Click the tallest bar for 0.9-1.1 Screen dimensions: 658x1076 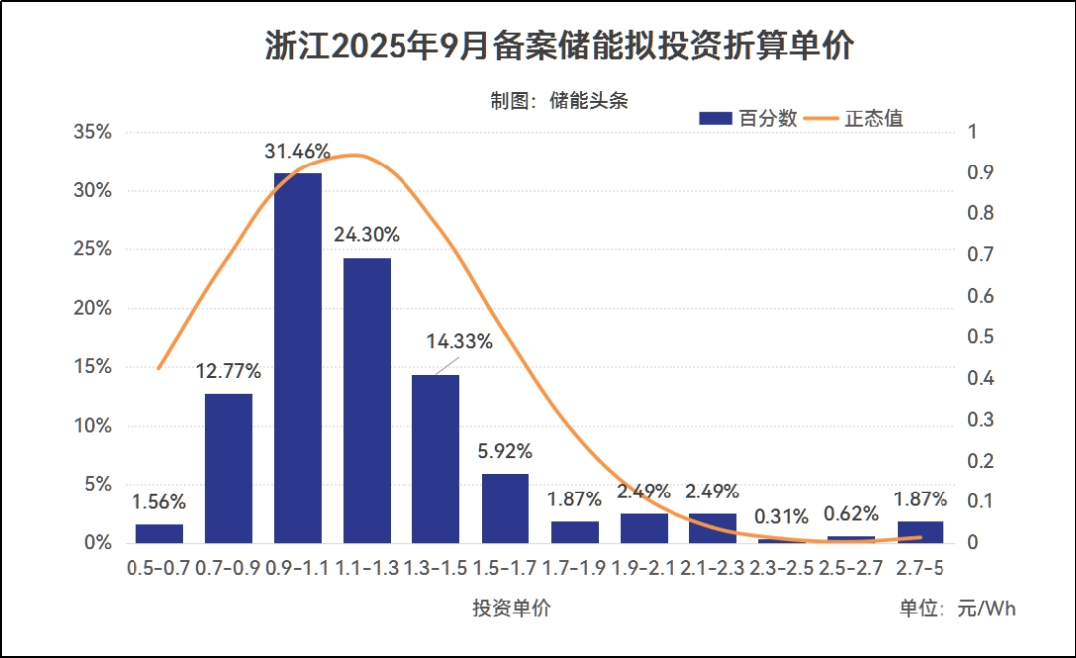[x=298, y=358]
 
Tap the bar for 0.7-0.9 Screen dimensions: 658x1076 [x=228, y=469]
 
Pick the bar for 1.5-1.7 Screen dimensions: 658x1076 [x=505, y=508]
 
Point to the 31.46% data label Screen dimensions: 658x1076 [x=297, y=152]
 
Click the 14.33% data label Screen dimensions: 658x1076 [x=459, y=341]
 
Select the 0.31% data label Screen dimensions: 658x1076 [x=782, y=516]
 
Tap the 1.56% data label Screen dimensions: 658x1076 [x=159, y=502]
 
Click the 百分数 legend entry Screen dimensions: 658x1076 [x=748, y=118]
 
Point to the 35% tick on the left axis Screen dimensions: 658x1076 [x=91, y=132]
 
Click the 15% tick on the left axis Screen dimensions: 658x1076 [x=91, y=367]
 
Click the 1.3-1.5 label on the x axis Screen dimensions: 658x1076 [x=436, y=568]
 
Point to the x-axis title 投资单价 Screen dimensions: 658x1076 [x=511, y=608]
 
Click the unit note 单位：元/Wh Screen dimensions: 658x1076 [x=957, y=608]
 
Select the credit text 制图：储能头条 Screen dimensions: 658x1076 [x=558, y=100]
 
